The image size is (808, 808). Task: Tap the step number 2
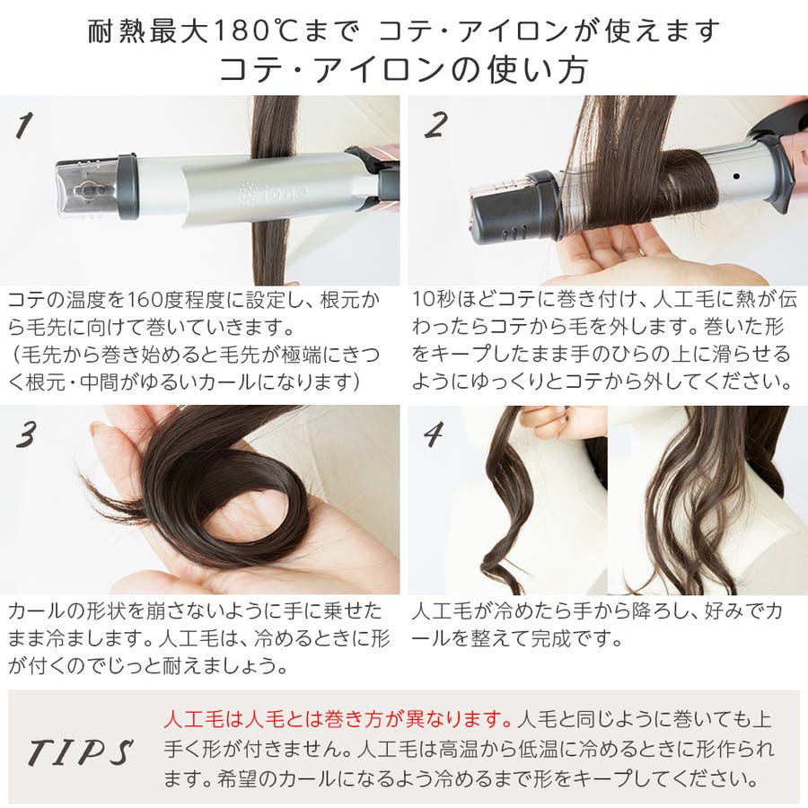436,125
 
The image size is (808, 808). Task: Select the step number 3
26,435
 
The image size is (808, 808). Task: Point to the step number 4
434,434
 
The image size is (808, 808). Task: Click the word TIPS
80,751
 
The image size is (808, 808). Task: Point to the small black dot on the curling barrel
736,176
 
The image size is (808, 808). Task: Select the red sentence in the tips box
338,719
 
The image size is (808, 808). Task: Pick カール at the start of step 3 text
37,610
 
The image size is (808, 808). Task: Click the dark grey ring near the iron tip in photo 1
127,187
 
